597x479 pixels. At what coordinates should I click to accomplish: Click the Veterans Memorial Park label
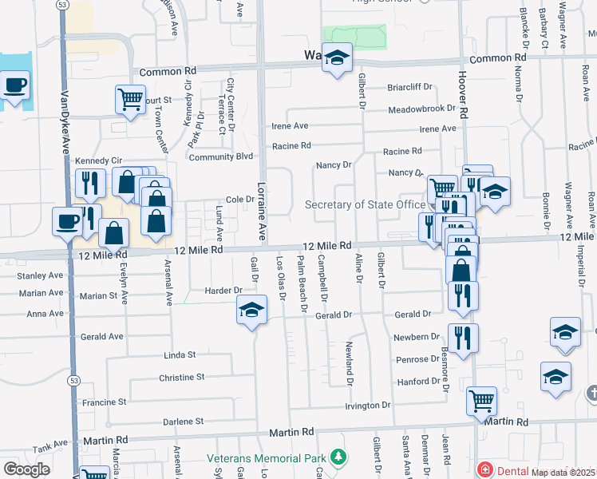point(268,458)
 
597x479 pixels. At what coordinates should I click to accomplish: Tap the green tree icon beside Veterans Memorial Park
point(339,457)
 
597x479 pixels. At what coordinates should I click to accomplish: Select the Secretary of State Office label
point(365,205)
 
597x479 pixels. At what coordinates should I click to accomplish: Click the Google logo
point(26,469)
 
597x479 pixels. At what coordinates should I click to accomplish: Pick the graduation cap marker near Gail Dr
point(251,310)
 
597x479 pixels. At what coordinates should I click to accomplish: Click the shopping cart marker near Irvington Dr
point(481,400)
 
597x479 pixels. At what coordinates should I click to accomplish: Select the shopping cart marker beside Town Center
point(130,100)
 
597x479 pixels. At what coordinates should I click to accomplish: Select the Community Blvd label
point(221,157)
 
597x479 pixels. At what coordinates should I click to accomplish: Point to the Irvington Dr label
point(368,406)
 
